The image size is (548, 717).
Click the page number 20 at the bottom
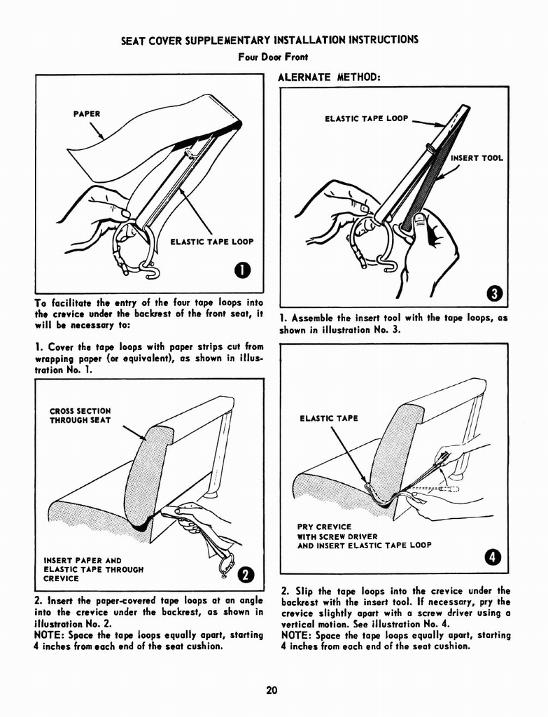click(x=272, y=690)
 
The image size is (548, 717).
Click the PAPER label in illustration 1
click(x=87, y=113)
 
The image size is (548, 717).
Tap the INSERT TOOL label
click(x=477, y=158)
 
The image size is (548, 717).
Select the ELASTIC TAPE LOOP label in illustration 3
click(x=366, y=118)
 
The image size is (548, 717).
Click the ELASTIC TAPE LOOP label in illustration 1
click(x=212, y=242)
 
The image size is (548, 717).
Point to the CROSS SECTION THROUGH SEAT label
click(x=80, y=416)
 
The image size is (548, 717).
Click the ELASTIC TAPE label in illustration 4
click(x=328, y=419)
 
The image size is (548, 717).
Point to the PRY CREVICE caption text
click(x=324, y=527)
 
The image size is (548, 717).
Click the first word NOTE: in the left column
click(x=49, y=635)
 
